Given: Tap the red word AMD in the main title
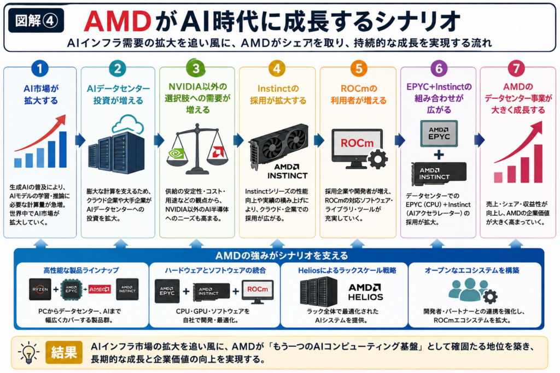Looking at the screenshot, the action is pos(118,21).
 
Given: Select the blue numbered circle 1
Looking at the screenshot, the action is pos(39,68).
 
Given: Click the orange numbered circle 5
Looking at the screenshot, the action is pos(359,68).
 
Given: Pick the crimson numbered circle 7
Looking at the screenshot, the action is pos(516,68).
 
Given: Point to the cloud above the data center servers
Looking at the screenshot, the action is pos(128,124).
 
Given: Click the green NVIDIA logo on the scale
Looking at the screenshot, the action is pos(176,153).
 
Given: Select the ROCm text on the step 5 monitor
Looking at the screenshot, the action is pos(357,143).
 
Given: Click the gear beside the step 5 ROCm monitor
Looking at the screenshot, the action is pos(378,159).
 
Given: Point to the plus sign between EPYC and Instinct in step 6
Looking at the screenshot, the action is pos(439,155).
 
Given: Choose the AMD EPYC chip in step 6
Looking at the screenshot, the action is pos(439,133).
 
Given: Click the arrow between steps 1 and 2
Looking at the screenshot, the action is pos(80,140).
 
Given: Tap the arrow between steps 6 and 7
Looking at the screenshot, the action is pos(479,140).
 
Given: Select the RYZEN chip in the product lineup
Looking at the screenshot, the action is pos(40,289).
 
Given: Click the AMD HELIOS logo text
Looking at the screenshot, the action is pos(365,292).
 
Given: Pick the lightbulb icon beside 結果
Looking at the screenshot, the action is pos(28,353).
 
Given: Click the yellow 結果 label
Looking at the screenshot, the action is pos(64,352).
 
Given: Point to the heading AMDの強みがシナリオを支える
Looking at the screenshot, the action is pos(282,256).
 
